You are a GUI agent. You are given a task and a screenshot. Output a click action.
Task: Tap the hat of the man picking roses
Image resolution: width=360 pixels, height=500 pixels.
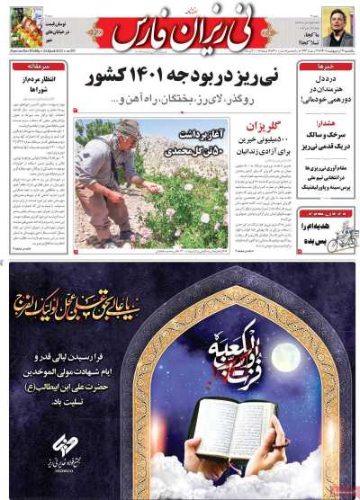[129, 128]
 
